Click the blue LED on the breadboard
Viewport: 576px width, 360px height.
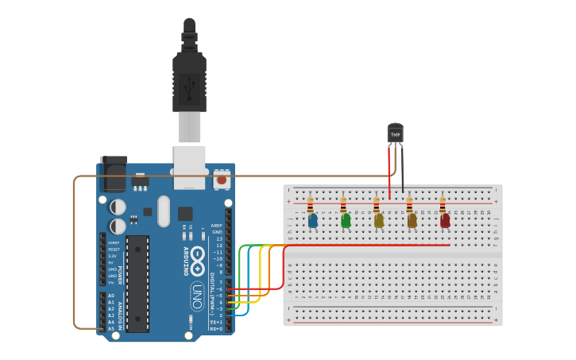click(313, 220)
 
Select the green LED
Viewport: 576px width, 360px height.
click(346, 220)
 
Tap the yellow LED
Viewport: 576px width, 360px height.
click(379, 220)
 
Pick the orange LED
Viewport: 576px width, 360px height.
click(412, 220)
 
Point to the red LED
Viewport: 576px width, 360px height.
click(445, 220)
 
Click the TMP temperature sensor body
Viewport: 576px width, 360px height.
click(396, 134)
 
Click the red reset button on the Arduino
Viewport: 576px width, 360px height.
click(222, 180)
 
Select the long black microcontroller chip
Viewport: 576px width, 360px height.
click(137, 283)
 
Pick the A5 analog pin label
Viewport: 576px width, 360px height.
click(110, 328)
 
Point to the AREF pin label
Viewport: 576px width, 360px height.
click(216, 226)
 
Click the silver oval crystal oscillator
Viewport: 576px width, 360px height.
click(164, 211)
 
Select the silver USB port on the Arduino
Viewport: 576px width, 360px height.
click(190, 167)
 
